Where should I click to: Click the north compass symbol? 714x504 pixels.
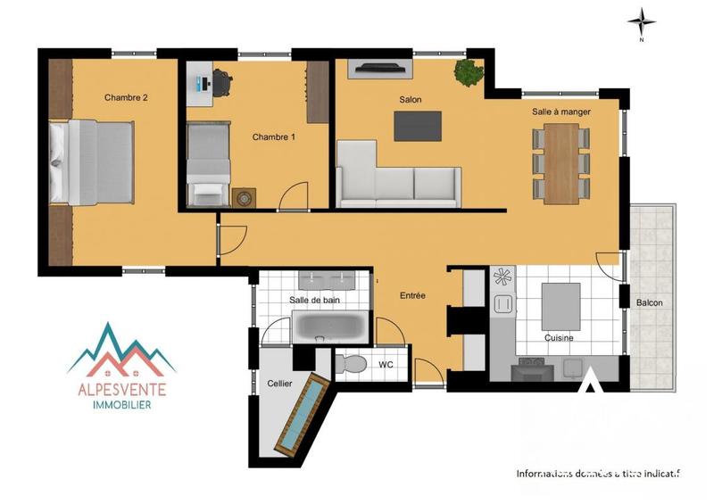(641, 21)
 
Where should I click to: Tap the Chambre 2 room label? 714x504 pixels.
(125, 98)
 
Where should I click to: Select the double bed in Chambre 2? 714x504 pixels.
(92, 162)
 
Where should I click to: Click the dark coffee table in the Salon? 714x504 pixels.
(418, 126)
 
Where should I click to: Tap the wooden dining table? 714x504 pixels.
(562, 163)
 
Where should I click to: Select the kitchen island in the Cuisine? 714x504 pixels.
(560, 307)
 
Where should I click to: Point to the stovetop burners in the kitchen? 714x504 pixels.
(502, 277)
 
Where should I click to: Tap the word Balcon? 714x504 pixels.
(649, 303)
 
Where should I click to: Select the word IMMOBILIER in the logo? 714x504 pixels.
(121, 405)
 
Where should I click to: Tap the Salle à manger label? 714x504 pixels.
(561, 112)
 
